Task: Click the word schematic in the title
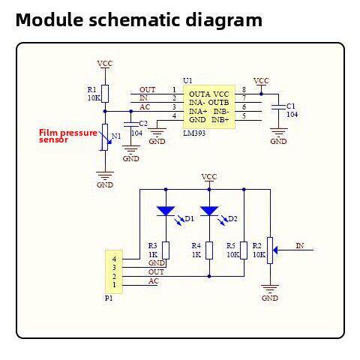(134, 20)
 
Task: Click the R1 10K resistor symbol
(105, 94)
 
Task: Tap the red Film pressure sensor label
(68, 136)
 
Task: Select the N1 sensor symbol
(105, 137)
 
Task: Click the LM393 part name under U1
(194, 133)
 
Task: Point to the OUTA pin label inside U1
(199, 94)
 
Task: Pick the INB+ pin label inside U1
(220, 120)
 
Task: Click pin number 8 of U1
(244, 89)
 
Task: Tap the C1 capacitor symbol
(279, 107)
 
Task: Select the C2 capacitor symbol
(131, 124)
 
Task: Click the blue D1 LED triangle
(166, 211)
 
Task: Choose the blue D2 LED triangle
(209, 211)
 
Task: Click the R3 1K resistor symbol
(166, 250)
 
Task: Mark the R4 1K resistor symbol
(209, 250)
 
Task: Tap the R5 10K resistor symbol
(244, 250)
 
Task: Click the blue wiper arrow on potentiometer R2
(275, 250)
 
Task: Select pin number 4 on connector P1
(114, 259)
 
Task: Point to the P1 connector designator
(109, 298)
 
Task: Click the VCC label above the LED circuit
(209, 176)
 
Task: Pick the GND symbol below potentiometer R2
(270, 289)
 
